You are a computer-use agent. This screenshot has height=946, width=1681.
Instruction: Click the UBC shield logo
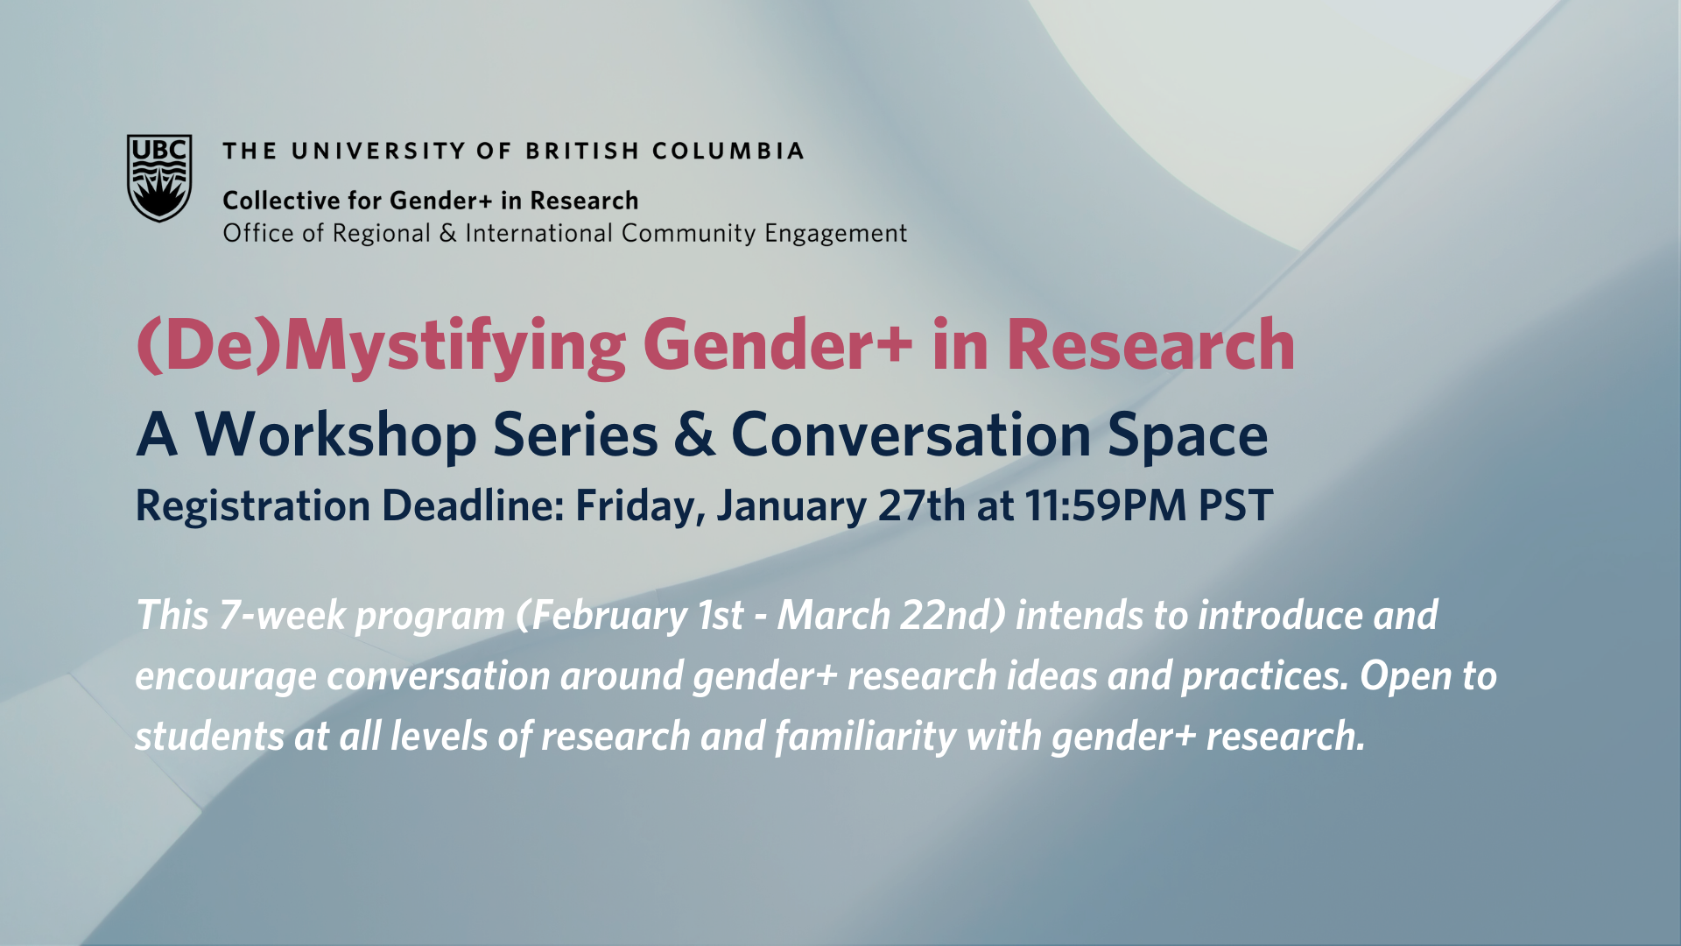pos(159,178)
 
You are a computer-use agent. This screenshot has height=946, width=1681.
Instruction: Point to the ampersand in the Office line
pos(447,233)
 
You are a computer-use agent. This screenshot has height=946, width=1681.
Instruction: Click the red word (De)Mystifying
pos(382,347)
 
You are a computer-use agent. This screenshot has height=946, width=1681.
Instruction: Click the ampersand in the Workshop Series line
pos(694,434)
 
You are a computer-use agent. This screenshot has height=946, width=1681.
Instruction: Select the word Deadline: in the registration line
pos(473,505)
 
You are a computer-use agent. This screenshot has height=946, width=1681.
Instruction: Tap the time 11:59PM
pos(1105,505)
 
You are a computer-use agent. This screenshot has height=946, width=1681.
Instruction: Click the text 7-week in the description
pos(283,615)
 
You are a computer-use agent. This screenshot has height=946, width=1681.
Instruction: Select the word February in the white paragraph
pos(609,617)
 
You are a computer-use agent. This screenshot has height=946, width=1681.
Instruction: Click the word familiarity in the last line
pos(866,738)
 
